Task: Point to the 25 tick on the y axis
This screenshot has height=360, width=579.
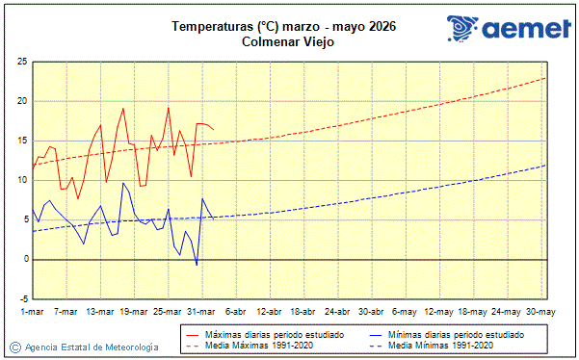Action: pos(20,62)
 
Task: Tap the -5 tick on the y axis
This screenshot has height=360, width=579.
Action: pos(20,298)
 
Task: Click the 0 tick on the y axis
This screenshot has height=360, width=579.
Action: pos(23,259)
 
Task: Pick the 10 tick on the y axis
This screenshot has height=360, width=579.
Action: pos(20,180)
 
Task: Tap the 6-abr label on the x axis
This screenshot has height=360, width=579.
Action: pos(236,312)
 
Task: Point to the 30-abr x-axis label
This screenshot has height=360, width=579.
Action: pos(372,312)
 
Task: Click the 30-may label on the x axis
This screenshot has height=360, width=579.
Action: pos(540,312)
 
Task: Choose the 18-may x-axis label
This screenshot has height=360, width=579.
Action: pos(473,312)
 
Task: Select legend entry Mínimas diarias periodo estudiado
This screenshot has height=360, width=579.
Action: pos(457,333)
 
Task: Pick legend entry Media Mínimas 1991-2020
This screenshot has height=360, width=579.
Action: pos(440,344)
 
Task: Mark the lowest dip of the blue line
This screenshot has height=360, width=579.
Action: pos(197,265)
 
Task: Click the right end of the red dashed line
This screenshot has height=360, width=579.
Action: pos(546,78)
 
